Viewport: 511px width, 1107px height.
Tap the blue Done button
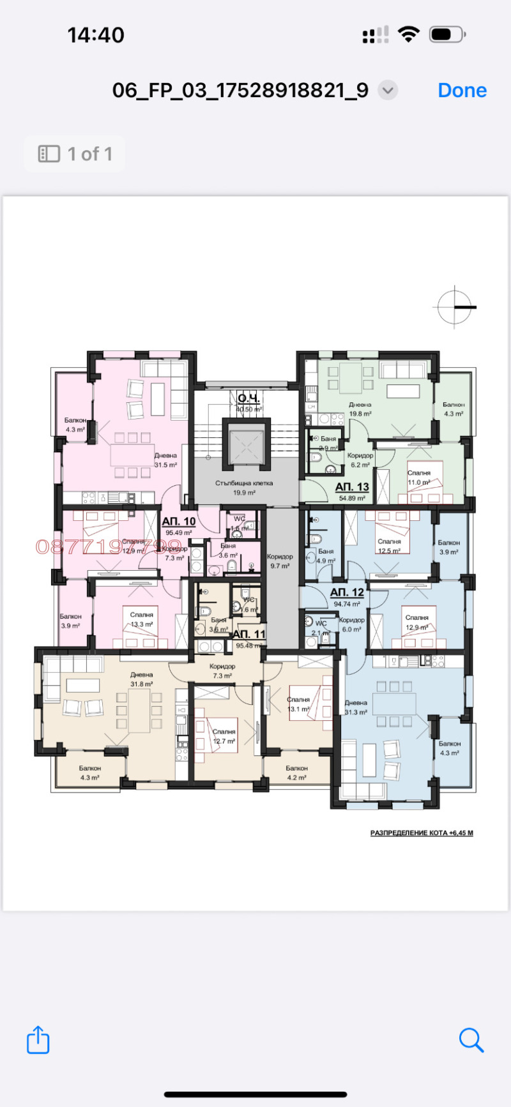click(x=462, y=91)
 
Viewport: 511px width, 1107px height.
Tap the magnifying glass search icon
click(x=471, y=1040)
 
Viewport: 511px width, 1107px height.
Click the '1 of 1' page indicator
click(x=75, y=154)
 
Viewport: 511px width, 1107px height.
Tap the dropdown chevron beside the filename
click(x=388, y=91)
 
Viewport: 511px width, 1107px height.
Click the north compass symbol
click(x=454, y=307)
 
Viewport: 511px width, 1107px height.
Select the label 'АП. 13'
click(x=352, y=487)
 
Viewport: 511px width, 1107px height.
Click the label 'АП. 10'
click(x=179, y=522)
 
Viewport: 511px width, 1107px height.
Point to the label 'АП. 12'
click(x=347, y=593)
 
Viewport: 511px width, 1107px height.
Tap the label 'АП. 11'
click(x=248, y=635)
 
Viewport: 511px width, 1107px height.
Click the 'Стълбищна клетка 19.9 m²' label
click(x=244, y=488)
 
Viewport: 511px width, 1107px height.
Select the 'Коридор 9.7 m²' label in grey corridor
click(x=280, y=561)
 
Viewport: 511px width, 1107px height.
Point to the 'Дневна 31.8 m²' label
click(x=142, y=679)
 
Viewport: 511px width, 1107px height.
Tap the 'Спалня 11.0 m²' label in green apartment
click(x=419, y=478)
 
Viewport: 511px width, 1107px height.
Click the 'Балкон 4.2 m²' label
click(x=296, y=772)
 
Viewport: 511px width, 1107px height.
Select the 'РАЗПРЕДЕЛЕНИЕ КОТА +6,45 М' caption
click(x=422, y=833)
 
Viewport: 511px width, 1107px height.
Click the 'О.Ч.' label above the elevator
click(x=248, y=398)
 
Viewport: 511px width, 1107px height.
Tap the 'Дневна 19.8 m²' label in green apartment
click(x=360, y=409)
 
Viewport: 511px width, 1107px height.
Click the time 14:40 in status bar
click(x=96, y=35)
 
